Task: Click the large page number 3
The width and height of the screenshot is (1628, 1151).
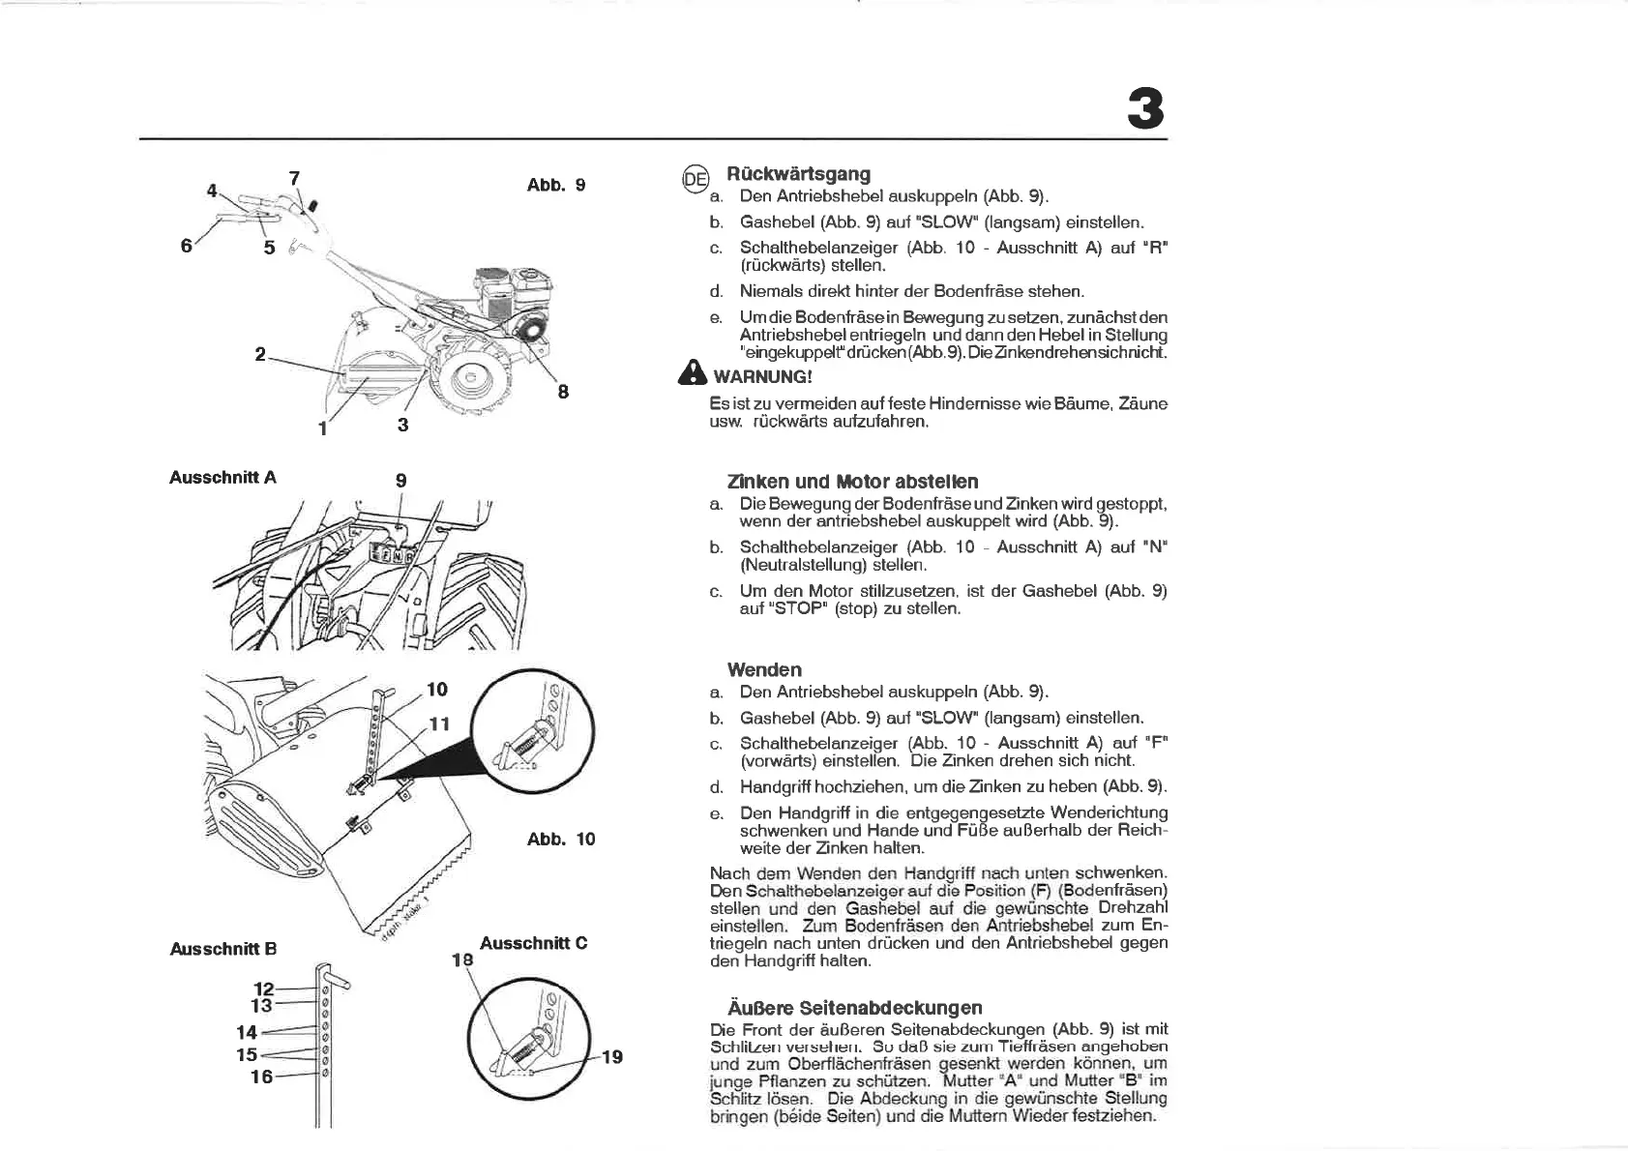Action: point(1145,109)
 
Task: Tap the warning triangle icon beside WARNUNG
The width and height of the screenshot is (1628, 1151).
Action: point(693,374)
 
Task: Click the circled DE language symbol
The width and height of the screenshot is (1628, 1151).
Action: point(696,178)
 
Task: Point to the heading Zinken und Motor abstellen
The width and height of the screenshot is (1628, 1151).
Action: point(852,482)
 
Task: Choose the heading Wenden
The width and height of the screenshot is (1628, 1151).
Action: point(764,669)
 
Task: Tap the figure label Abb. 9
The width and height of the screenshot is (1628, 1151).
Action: point(555,185)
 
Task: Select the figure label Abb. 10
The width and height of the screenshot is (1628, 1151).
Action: point(561,839)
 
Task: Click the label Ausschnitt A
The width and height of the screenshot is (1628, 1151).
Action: point(222,477)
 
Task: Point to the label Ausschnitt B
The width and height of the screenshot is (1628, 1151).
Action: point(222,949)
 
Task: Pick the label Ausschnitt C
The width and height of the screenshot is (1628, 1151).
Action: point(533,943)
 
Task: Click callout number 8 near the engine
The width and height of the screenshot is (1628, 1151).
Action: point(563,392)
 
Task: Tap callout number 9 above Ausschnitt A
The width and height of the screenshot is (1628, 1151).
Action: point(400,481)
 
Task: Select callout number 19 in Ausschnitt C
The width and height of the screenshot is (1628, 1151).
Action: point(611,1057)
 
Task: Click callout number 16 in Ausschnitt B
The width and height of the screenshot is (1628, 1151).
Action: point(261,1077)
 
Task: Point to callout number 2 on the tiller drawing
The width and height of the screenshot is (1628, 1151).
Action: point(260,355)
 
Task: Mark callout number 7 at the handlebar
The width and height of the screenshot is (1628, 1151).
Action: point(294,178)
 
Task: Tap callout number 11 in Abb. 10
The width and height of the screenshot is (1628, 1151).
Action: point(439,723)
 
